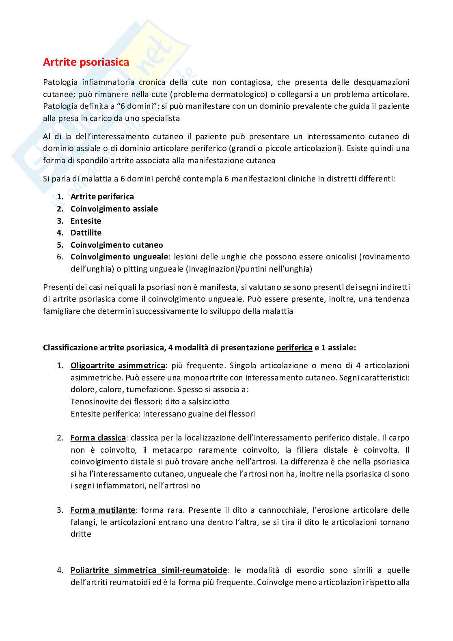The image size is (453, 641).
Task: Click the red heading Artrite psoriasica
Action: pos(86,62)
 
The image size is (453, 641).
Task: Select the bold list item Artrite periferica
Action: pos(102,196)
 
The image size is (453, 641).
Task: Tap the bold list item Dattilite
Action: pos(86,233)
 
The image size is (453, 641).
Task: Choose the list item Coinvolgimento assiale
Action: pos(114,209)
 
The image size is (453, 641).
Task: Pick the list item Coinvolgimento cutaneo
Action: pos(116,245)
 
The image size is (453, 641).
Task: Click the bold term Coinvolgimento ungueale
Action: pos(119,257)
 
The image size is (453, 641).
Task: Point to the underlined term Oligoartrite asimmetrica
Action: pos(118,365)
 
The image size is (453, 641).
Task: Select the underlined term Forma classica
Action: pos(98,438)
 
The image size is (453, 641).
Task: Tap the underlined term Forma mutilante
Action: pos(103,510)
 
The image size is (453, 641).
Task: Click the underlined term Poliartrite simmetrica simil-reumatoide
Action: pos(149,570)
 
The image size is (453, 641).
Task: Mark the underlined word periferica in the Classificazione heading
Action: pos(294,347)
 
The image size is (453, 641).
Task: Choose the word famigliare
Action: pos(62,311)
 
